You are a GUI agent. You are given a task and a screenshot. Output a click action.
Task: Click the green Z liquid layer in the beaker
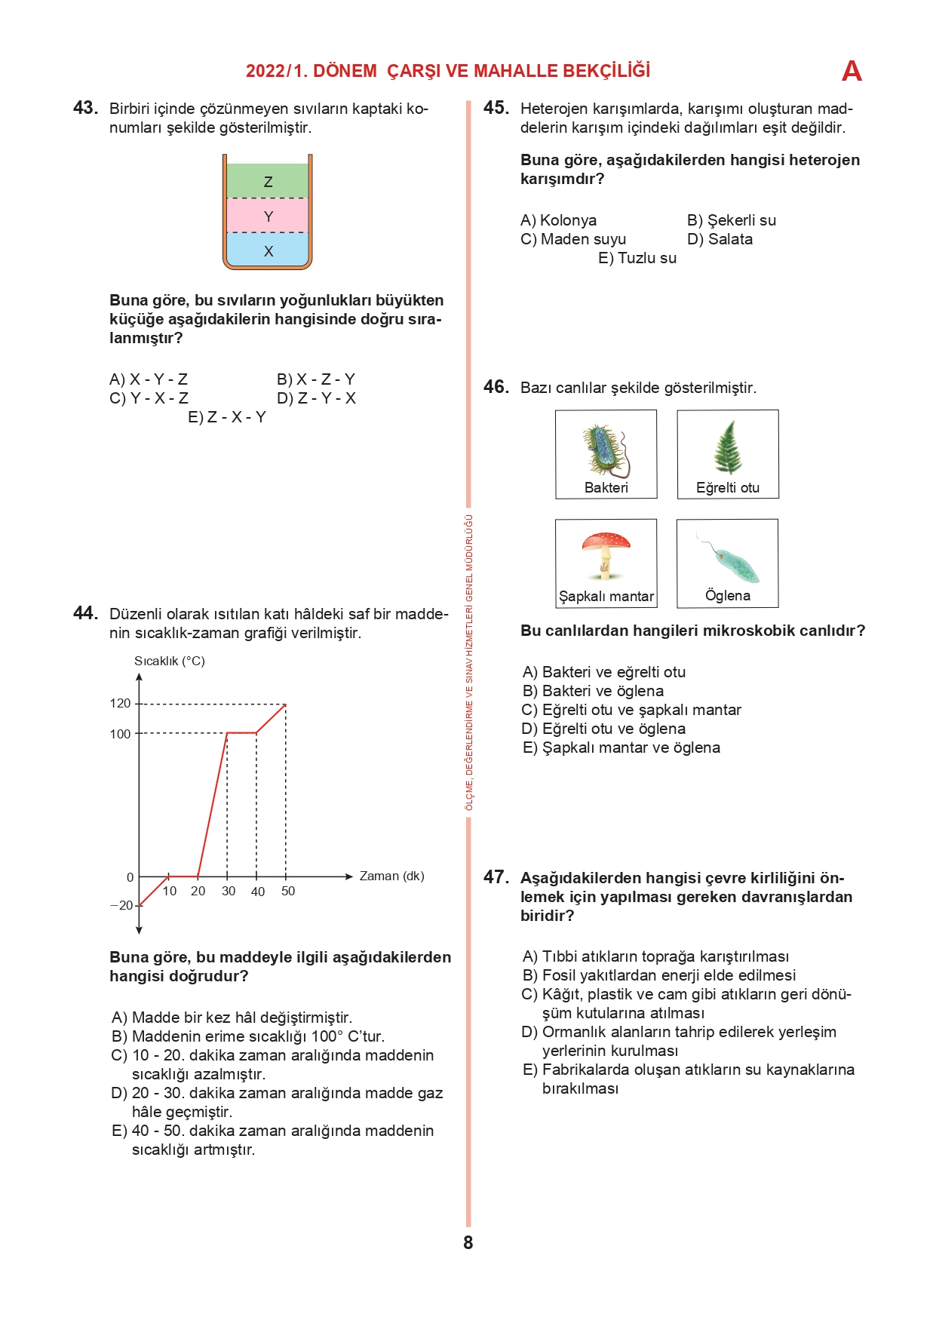(268, 181)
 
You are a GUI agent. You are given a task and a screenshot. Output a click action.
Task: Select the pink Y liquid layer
(268, 216)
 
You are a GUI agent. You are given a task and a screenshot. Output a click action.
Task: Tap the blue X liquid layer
(268, 250)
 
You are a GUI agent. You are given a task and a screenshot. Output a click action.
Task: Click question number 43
(85, 108)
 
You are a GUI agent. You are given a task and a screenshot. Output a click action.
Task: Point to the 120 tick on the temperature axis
(121, 704)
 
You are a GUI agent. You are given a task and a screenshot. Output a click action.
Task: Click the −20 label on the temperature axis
(121, 905)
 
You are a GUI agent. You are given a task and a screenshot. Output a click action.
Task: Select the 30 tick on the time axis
(228, 891)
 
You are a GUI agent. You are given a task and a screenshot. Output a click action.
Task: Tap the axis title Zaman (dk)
(391, 876)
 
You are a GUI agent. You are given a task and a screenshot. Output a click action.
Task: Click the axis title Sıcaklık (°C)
(170, 661)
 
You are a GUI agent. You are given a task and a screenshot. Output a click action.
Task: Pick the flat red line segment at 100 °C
(241, 732)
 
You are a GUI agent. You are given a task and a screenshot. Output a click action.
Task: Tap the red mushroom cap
(606, 542)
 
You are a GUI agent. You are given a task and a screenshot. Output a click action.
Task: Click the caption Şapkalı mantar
(606, 596)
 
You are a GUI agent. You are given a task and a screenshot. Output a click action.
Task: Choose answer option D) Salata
(720, 239)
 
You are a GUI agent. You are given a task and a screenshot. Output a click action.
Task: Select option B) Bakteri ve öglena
(594, 691)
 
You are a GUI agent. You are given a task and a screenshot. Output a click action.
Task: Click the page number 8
(468, 1242)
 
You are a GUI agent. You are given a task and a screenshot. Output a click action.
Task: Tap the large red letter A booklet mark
(852, 72)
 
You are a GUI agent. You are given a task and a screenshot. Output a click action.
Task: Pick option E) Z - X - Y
(227, 417)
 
